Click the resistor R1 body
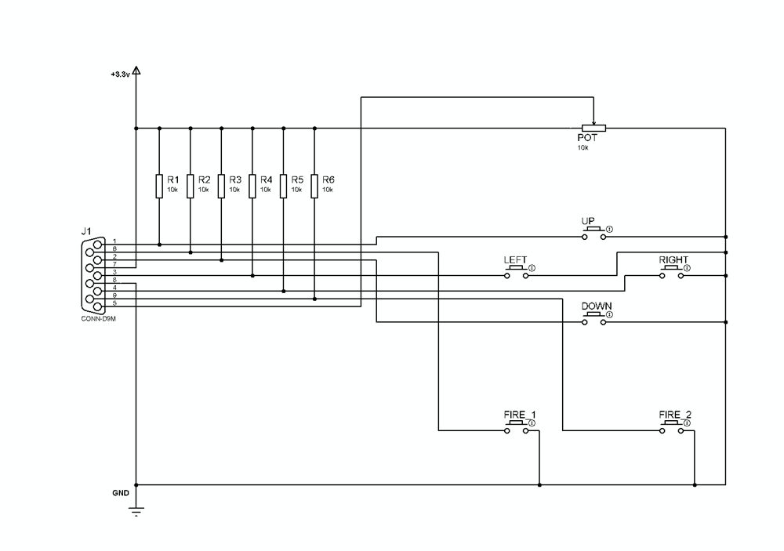[x=159, y=186]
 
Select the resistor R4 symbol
[x=252, y=186]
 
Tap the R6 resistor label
[x=328, y=179]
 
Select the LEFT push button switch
[x=516, y=270]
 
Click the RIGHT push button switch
[x=672, y=270]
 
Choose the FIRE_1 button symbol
[x=516, y=425]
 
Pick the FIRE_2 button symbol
[x=672, y=425]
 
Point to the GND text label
[x=120, y=494]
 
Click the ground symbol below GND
[x=136, y=511]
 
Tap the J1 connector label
[x=86, y=231]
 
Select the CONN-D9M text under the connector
[x=97, y=319]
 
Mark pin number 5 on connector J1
[x=114, y=303]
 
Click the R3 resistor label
[x=234, y=179]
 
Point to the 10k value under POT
[x=583, y=147]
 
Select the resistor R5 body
[x=283, y=186]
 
